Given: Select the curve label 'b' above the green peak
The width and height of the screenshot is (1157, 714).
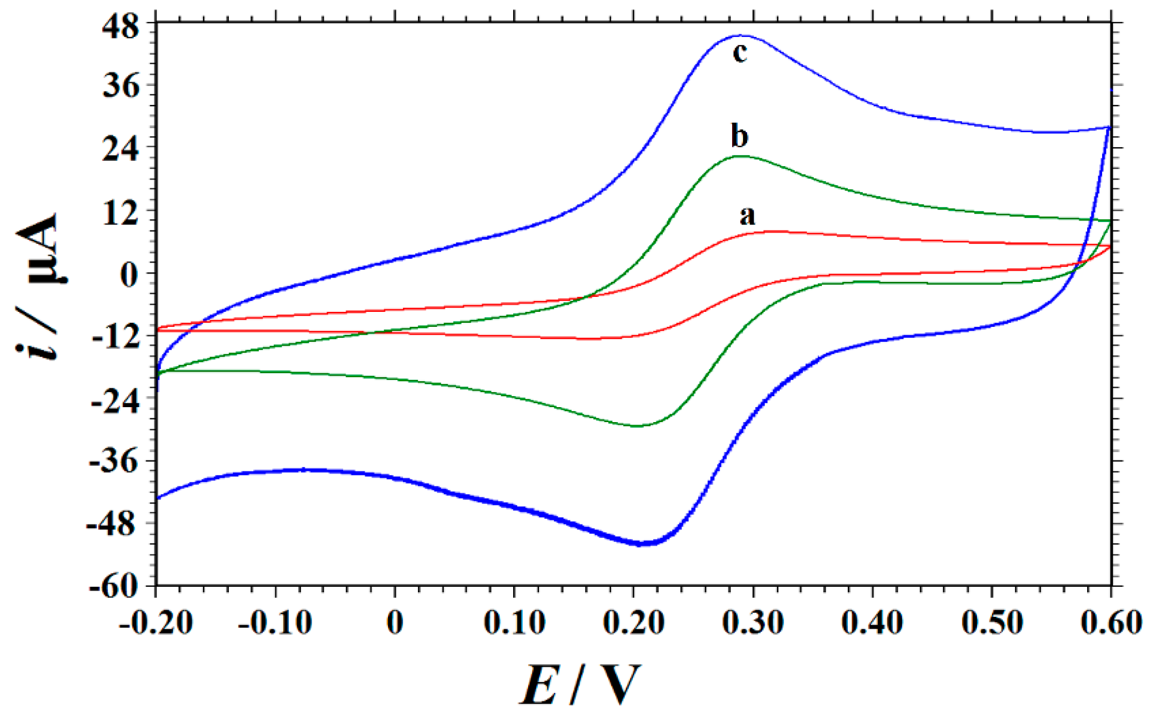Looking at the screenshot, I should (740, 136).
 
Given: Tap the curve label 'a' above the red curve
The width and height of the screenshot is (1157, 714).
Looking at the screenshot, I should (747, 216).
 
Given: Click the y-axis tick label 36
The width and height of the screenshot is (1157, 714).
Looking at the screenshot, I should (121, 87).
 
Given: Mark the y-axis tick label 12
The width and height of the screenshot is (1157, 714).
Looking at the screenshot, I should (121, 213).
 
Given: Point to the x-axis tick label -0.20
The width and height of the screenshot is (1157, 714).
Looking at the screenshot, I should (156, 623).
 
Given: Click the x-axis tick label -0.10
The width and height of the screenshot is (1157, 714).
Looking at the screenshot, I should (275, 623).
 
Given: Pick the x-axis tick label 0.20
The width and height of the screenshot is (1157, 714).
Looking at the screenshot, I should (634, 623).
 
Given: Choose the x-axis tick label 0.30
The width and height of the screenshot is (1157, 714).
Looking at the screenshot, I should (753, 623).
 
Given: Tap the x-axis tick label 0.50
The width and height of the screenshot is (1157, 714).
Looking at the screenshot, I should (992, 623).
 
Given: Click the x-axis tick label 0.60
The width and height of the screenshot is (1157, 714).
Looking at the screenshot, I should (1111, 623).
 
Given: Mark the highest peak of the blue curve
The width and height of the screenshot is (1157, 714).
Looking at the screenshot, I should (742, 35).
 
